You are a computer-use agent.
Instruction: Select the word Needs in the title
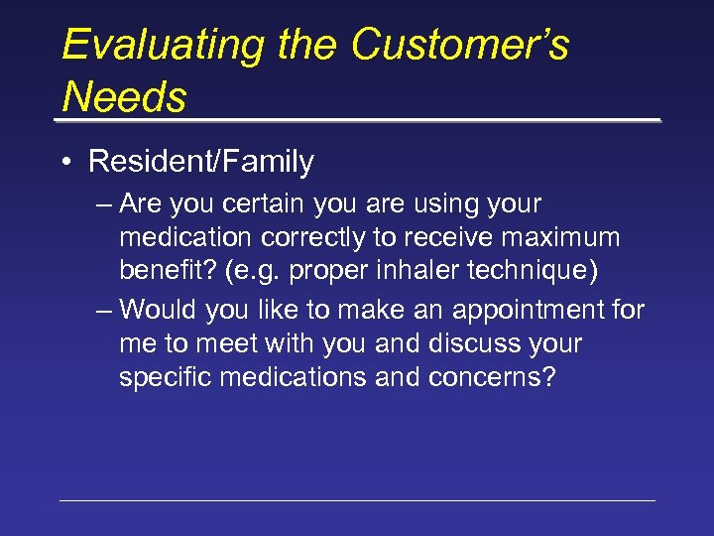[x=124, y=97]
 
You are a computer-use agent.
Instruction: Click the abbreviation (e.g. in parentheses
[x=254, y=272]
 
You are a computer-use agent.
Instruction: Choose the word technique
[x=535, y=272]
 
